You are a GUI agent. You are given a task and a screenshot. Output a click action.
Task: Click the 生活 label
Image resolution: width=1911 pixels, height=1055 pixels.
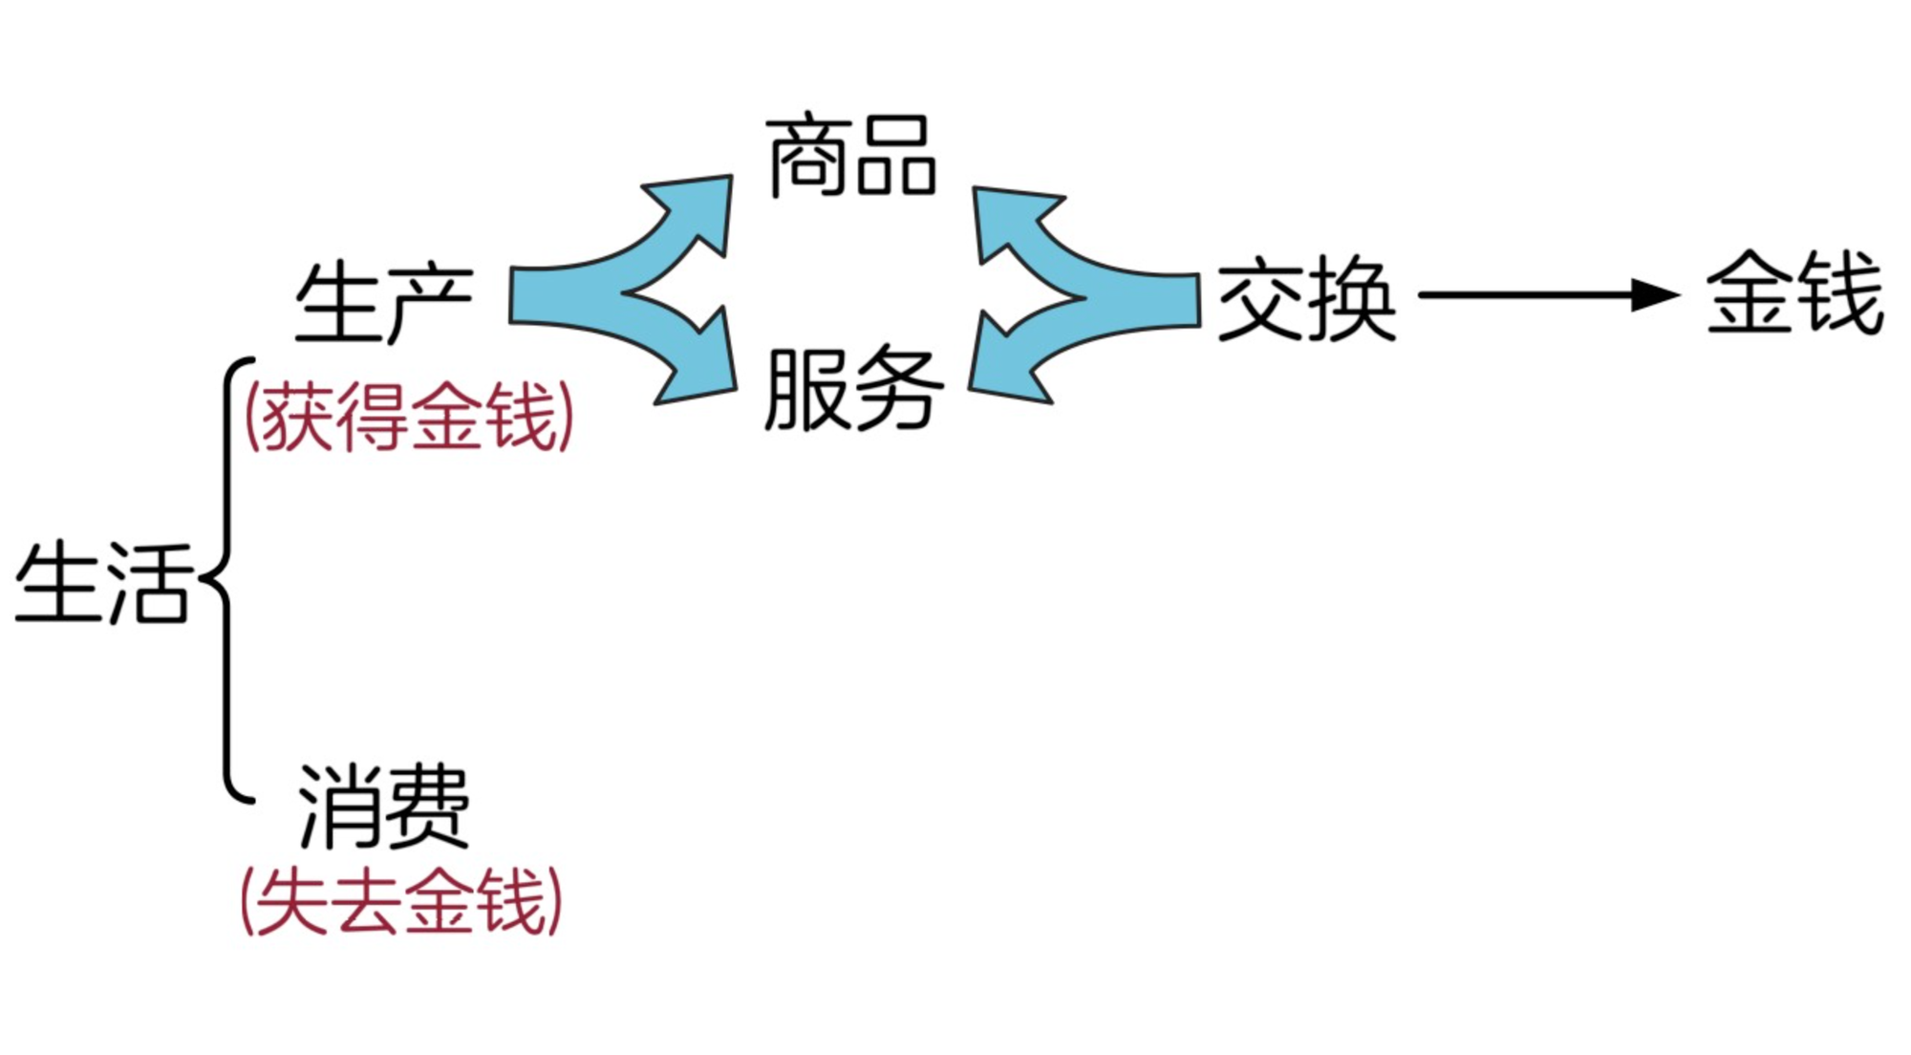click(103, 582)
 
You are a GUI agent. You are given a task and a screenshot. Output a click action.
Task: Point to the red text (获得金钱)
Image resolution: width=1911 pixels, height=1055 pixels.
click(409, 417)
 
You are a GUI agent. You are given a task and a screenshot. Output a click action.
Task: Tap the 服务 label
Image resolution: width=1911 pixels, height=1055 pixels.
click(853, 389)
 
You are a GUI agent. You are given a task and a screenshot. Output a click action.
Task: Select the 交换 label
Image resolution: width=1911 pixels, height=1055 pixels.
click(1306, 299)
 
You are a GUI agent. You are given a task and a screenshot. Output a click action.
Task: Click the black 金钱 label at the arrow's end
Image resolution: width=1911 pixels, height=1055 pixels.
click(1795, 292)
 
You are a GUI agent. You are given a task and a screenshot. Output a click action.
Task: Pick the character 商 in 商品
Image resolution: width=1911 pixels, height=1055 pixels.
click(807, 157)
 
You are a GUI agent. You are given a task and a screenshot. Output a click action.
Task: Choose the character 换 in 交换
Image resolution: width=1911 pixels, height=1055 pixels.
click(1352, 299)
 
